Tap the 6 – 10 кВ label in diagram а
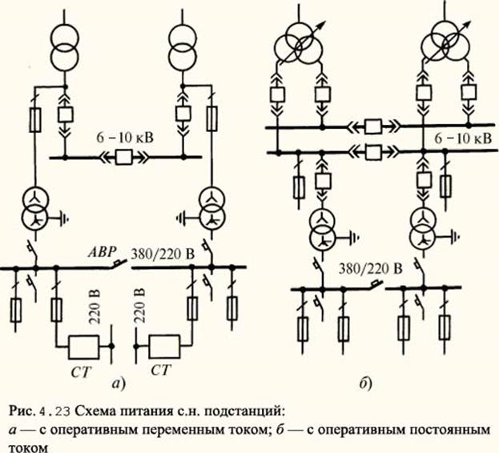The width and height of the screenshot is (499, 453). point(124,138)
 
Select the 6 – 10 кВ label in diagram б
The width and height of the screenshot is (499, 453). point(463,138)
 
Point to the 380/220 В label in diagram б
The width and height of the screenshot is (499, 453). point(370,269)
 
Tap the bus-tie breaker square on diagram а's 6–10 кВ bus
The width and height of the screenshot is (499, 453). point(124,157)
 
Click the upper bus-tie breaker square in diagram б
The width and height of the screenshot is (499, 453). point(373,126)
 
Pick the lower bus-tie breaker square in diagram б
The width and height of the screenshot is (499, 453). point(373,152)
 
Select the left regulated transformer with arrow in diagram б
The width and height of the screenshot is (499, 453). point(299,43)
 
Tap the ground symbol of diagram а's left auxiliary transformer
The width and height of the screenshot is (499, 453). point(64,218)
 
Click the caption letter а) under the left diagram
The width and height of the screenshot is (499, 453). point(119,384)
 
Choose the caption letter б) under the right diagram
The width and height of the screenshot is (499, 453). point(366,383)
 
